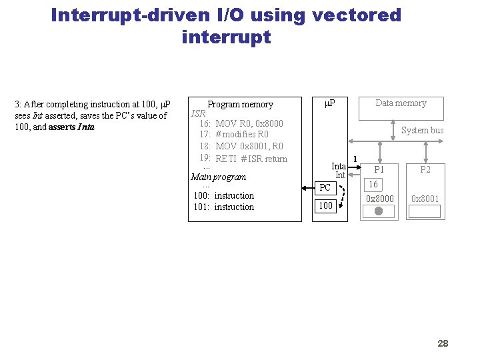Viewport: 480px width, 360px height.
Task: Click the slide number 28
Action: [443, 343]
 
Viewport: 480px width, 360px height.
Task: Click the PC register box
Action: [325, 188]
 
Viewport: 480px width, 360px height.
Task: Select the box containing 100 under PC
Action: [325, 205]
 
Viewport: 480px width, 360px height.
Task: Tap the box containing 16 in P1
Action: [373, 185]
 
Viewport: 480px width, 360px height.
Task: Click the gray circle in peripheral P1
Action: [379, 211]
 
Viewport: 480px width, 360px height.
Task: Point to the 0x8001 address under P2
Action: [425, 199]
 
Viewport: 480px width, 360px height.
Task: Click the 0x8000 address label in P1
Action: [380, 199]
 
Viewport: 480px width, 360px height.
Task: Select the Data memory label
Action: [401, 103]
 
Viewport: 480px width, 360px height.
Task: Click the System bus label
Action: [422, 131]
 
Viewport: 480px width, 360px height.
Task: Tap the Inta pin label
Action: [339, 166]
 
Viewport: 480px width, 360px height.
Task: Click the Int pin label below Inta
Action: [340, 175]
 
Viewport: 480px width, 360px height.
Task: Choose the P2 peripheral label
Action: [425, 170]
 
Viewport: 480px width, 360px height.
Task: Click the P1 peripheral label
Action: [379, 170]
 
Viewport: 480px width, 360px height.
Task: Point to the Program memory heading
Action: [240, 105]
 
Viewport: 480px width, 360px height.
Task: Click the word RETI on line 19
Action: [226, 159]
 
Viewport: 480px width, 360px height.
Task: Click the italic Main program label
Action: [218, 177]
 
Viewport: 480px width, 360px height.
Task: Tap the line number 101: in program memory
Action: [201, 207]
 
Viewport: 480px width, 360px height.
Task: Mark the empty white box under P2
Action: [425, 211]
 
